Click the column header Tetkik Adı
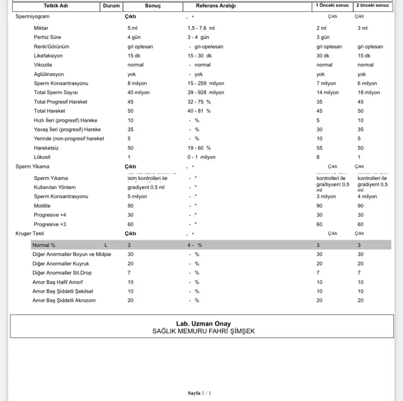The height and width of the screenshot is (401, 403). (x=56, y=6)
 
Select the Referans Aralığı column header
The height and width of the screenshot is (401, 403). (x=216, y=6)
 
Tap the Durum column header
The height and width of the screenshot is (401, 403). (x=111, y=6)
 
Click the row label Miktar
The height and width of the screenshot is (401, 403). (x=41, y=28)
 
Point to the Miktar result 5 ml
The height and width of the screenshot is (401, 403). (x=133, y=28)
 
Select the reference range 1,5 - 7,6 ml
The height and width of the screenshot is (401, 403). (x=201, y=28)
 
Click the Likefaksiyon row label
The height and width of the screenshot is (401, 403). (x=48, y=56)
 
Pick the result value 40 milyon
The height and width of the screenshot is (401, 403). (x=139, y=92)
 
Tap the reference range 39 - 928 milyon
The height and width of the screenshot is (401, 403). (x=206, y=92)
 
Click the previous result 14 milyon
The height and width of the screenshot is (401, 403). (x=327, y=92)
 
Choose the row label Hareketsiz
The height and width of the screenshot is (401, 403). (x=46, y=148)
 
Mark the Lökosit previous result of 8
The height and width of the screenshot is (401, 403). (x=318, y=157)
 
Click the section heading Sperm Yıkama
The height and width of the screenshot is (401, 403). (x=32, y=166)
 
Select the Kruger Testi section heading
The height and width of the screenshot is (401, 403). (x=30, y=233)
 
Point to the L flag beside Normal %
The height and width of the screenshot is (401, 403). (x=106, y=245)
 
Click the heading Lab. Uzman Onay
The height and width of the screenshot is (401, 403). (x=203, y=324)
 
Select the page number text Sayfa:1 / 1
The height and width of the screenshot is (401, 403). (x=200, y=393)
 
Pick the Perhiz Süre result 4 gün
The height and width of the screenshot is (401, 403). (x=134, y=37)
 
